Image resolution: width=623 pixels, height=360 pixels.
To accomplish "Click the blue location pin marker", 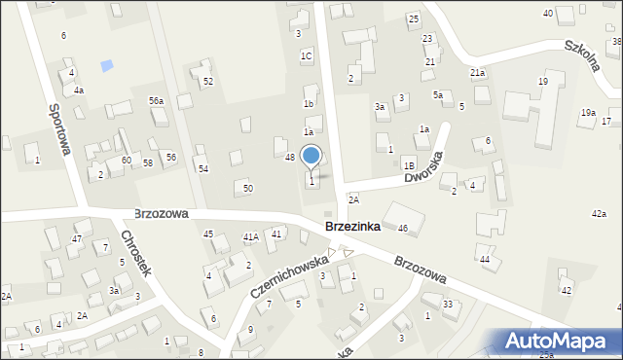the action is point(311,157).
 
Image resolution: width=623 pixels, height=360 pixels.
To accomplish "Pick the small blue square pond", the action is point(106,66).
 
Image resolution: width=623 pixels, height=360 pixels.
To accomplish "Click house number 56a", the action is point(156,101).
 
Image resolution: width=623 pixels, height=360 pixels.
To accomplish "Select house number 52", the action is point(208,82).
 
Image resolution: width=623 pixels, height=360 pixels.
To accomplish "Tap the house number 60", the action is point(127,160).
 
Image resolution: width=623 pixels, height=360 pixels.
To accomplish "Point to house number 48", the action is point(290,157).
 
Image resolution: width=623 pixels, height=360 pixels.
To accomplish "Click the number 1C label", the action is point(306,56).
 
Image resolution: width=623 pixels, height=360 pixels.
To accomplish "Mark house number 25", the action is point(414,19).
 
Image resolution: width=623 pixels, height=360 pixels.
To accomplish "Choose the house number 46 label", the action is point(403,228).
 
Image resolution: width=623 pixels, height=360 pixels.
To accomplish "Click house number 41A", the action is point(250,236).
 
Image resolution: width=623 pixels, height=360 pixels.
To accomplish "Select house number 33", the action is point(448,305).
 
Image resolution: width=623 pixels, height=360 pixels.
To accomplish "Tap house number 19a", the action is point(588,113).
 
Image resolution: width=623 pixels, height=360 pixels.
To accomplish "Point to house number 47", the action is point(76,238).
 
